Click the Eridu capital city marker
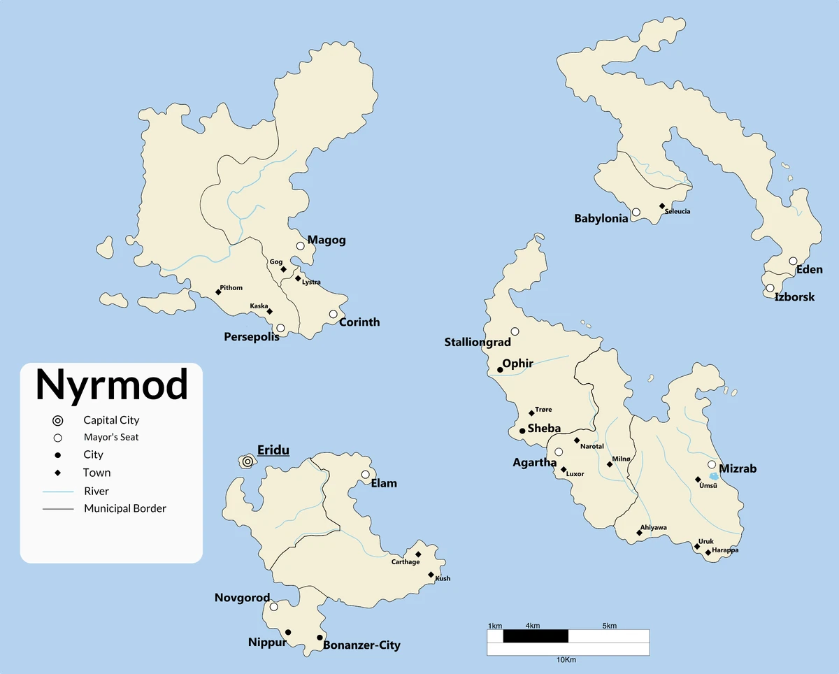click(248, 461)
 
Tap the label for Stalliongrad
click(478, 343)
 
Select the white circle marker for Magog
click(301, 245)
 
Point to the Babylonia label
click(601, 219)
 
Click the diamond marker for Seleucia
click(662, 206)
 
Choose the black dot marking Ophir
click(500, 370)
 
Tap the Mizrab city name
click(738, 468)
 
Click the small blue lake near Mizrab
click(712, 475)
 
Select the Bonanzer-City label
click(361, 645)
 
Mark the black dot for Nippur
click(288, 632)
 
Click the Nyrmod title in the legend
click(112, 384)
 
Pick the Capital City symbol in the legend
click(58, 420)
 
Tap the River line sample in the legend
click(58, 492)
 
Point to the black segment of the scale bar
click(536, 636)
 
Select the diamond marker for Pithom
click(218, 292)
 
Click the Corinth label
click(359, 322)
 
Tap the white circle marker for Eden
click(793, 261)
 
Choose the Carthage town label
click(406, 562)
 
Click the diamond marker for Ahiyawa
click(639, 533)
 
